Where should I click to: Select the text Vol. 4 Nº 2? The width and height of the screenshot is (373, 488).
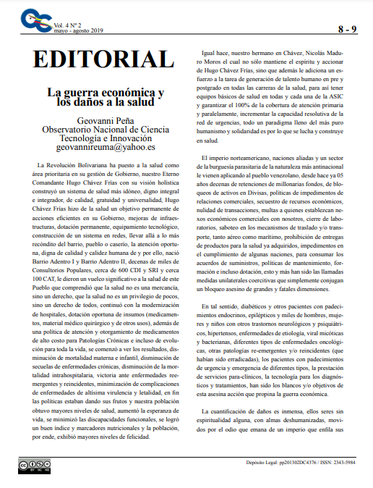(69, 25)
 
